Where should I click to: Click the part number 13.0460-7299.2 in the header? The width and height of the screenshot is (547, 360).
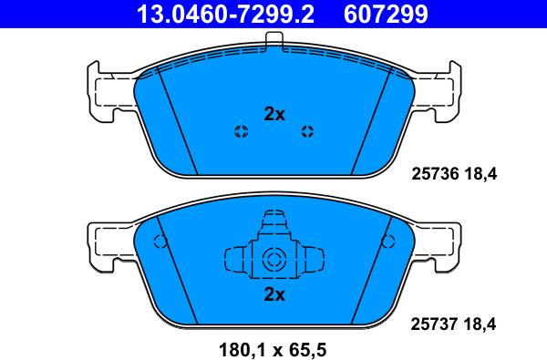(225, 14)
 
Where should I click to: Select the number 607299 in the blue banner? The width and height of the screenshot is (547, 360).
(386, 14)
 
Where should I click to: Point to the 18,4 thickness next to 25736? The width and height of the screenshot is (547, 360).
(480, 174)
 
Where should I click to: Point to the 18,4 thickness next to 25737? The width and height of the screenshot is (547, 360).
(480, 324)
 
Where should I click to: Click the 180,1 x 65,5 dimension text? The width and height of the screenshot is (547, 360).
(273, 349)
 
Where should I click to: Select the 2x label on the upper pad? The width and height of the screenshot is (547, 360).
(274, 114)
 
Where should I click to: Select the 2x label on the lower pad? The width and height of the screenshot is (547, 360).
(274, 294)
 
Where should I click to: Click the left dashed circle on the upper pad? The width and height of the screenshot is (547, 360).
(241, 131)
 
